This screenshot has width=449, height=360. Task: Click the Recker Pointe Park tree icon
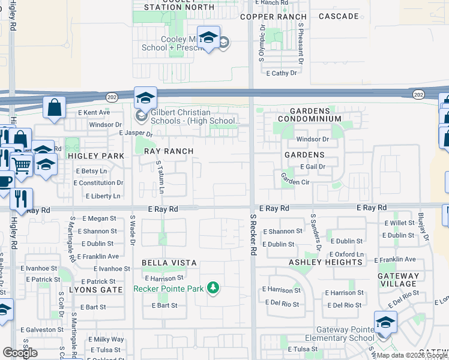coord(212,289)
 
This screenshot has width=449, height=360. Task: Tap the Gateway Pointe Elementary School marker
coord(385,322)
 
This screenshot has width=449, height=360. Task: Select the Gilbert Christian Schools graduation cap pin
coord(145,98)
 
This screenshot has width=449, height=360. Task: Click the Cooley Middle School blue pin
coord(208,38)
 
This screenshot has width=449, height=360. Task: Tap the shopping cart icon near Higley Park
coord(22,163)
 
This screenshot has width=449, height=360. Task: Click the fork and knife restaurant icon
coord(21,199)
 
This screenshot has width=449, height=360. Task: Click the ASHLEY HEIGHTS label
coord(326,262)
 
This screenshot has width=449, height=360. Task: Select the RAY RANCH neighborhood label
coord(169,152)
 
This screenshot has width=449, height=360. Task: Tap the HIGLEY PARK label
coord(100,156)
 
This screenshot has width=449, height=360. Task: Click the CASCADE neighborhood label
coord(339,16)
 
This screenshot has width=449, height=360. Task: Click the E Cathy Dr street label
coord(282,73)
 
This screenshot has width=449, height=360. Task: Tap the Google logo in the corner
coord(20,353)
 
